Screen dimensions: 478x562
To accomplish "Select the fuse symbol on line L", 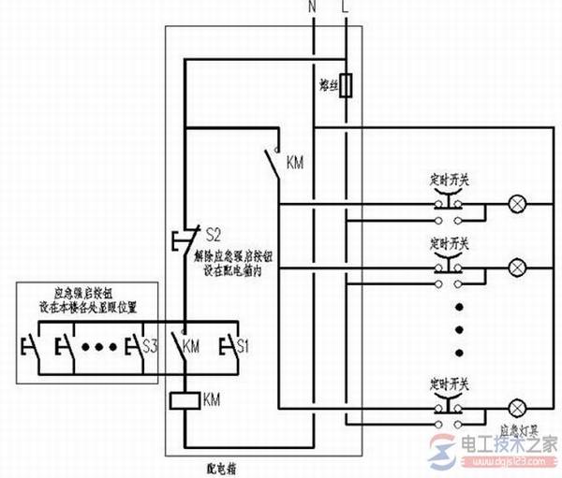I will coord(348,86).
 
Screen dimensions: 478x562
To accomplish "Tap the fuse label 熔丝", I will coord(328,85).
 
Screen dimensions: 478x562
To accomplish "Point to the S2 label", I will coord(212,231).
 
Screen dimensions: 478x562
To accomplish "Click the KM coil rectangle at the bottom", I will coord(183,401).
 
